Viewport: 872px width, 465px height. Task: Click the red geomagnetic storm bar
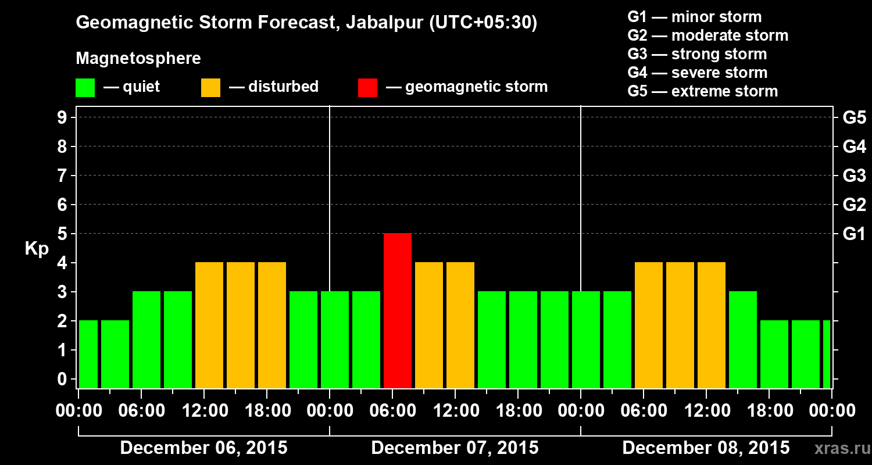point(398,310)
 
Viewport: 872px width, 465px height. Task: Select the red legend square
point(367,87)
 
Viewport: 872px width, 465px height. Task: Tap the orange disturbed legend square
point(210,87)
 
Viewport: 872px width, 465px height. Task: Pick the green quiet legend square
point(85,87)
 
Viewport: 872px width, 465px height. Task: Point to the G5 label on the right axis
point(854,118)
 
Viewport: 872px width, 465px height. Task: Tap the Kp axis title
point(37,249)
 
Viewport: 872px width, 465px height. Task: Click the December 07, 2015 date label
point(455,448)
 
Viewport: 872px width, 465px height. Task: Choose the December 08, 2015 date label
point(706,448)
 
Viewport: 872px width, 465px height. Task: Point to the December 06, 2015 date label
point(203,448)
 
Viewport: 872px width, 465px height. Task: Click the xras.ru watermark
point(841,449)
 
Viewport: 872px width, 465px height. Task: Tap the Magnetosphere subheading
point(138,59)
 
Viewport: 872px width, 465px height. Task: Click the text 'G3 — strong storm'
point(697,54)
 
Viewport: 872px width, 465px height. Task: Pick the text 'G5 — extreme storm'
point(702,91)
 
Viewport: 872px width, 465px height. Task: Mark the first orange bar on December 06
point(209,325)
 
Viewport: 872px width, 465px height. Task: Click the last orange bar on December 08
point(712,325)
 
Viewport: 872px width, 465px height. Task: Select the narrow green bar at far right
point(827,354)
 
